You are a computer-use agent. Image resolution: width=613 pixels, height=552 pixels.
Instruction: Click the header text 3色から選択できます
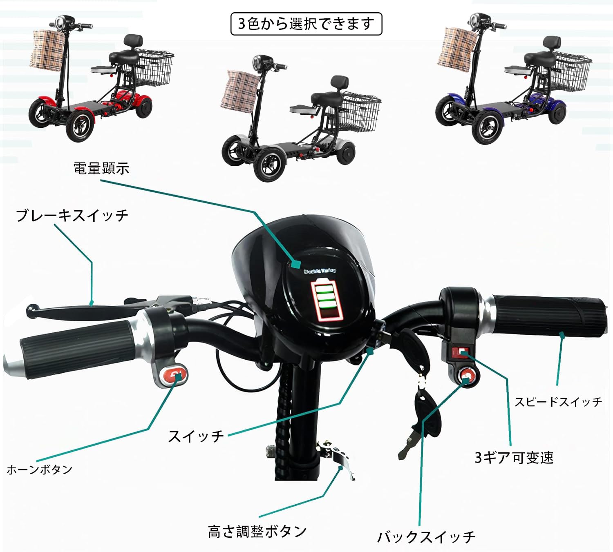point(306,24)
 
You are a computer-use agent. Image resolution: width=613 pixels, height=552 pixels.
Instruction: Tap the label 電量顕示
point(101,168)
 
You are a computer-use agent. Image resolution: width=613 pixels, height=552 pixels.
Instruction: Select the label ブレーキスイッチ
point(72,215)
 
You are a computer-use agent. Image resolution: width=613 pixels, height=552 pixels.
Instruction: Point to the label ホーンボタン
point(40,470)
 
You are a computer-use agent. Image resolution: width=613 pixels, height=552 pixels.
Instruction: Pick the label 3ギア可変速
point(514,458)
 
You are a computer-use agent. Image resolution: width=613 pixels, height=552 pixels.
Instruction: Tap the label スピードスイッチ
point(558,402)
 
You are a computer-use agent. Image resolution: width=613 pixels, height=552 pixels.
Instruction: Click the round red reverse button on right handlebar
point(467,375)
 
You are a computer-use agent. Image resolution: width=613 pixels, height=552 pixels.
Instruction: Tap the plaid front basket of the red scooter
point(48,50)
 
